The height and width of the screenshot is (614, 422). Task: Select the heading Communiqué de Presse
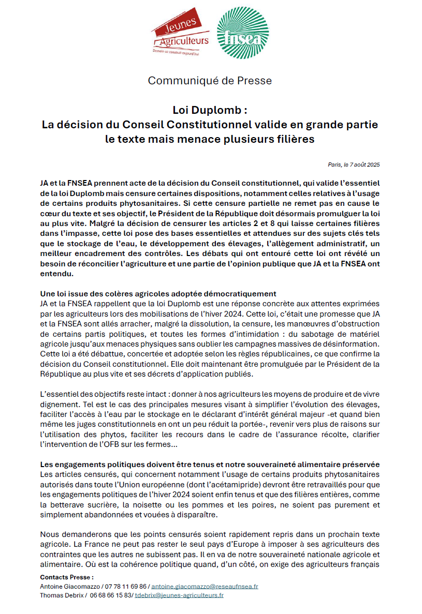tap(210, 81)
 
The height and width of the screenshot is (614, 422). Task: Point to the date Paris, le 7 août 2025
tap(354, 164)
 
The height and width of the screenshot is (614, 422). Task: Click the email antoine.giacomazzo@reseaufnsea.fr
tap(205, 586)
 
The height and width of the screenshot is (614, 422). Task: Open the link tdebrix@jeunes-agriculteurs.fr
tap(179, 595)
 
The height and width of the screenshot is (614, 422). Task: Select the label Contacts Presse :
tap(67, 577)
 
